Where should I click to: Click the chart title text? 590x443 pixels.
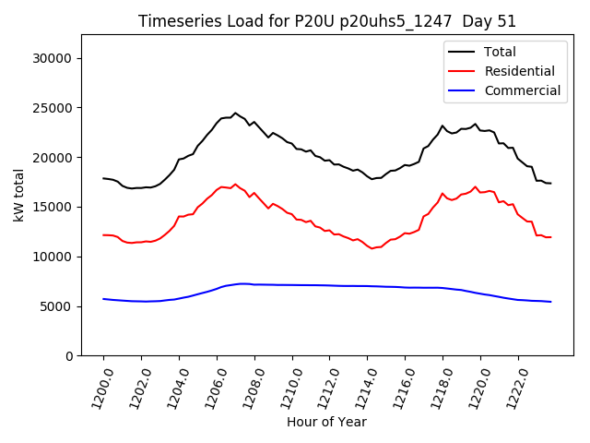(327, 21)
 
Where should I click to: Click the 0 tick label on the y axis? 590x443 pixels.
(68, 356)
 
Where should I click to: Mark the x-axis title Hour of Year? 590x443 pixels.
(326, 422)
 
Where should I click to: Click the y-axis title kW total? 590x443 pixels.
(18, 195)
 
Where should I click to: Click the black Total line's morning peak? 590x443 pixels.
(235, 113)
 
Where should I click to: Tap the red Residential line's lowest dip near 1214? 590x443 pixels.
(372, 248)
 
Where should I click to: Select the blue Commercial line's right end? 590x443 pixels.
(551, 302)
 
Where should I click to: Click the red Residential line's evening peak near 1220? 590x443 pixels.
(476, 186)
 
